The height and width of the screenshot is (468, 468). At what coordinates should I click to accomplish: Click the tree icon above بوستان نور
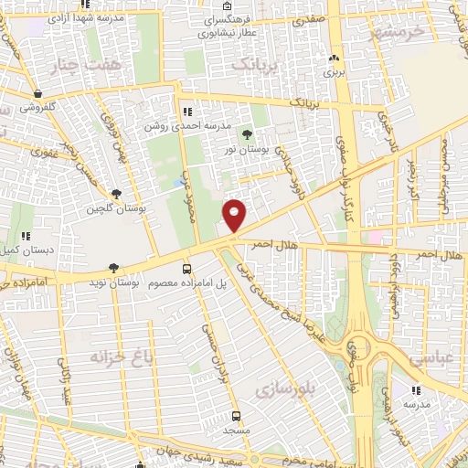click(247, 134)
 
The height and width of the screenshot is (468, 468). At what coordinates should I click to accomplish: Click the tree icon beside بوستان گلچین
click(116, 194)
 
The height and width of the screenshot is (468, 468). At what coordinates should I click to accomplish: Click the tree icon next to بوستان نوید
click(113, 269)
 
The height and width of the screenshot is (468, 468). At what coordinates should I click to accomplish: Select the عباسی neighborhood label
click(431, 360)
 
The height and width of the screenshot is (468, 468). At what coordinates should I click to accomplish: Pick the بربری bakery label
click(334, 70)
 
